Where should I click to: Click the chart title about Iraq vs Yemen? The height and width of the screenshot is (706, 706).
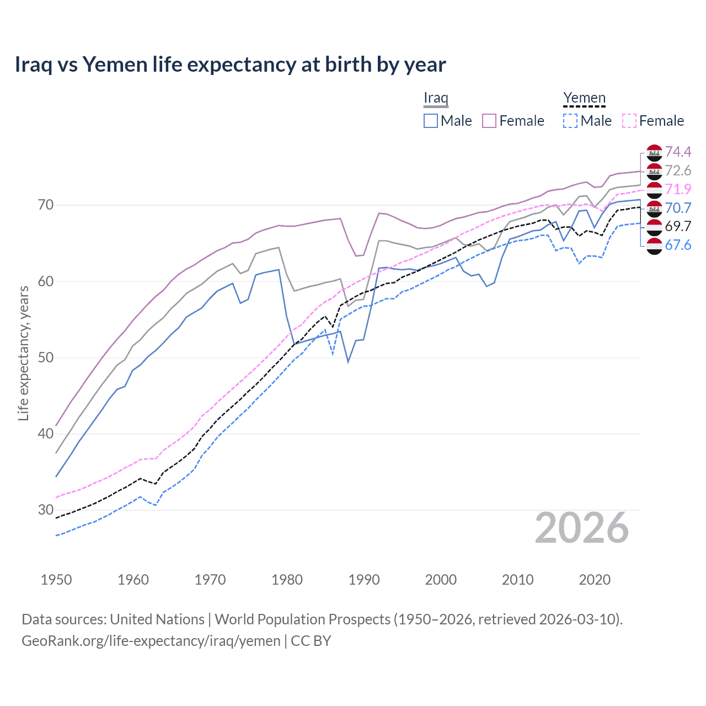[230, 65]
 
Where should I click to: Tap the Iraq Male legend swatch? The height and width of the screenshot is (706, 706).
[431, 121]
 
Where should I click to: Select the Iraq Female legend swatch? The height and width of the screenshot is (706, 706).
[489, 121]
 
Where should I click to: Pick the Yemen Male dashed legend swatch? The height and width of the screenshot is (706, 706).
[570, 121]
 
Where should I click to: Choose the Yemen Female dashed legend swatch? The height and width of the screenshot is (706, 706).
[629, 121]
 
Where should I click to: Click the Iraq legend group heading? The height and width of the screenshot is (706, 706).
[436, 98]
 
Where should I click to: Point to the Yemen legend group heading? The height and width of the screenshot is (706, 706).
[584, 98]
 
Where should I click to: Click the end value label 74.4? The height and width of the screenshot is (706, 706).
[678, 152]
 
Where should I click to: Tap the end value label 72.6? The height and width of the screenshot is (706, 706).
[678, 170]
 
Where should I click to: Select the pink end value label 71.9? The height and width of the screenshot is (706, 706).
[678, 189]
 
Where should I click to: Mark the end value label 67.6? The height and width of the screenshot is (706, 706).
[678, 245]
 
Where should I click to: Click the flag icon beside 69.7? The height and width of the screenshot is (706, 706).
[654, 227]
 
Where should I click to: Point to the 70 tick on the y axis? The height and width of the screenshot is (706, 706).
[46, 205]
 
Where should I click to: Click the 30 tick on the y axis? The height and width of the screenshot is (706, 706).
[46, 510]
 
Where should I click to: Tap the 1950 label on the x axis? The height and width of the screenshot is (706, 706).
[56, 580]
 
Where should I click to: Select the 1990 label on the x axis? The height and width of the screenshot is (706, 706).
[364, 580]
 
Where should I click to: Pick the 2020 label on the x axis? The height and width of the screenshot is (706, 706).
[595, 580]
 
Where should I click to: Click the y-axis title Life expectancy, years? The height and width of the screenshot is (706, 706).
[23, 353]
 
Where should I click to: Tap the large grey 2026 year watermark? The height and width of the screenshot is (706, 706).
[581, 528]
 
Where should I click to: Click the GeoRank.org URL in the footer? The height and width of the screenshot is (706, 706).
[151, 640]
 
